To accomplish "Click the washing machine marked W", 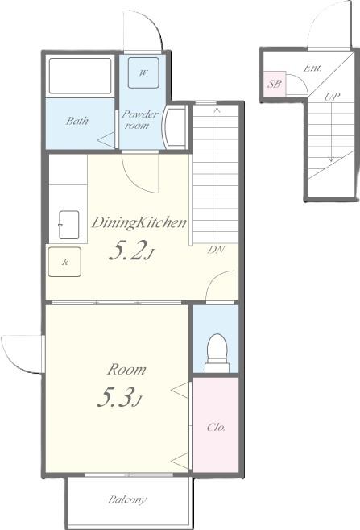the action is pos(143,73).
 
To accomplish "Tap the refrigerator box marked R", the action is pos(64,262).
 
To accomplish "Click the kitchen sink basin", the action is pos(68,225).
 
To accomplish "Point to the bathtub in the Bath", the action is pos(80,76).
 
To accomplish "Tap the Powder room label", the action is pos(139,120).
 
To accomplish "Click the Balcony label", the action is pos(127,499).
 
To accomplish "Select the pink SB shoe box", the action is pos(275,84).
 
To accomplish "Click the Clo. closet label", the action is pos(216,427).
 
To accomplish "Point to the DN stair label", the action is pos(216,250).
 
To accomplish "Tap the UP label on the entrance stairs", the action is pos(332,97).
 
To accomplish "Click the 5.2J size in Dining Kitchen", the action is pos(130,251).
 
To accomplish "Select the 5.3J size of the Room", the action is pos(118,398).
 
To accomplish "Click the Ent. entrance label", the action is pos(312,68).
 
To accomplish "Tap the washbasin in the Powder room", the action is pos(174,126).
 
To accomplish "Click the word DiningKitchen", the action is pos(139,223).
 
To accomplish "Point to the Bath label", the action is pos(77,121).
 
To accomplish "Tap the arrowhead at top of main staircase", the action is pos(217,110).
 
